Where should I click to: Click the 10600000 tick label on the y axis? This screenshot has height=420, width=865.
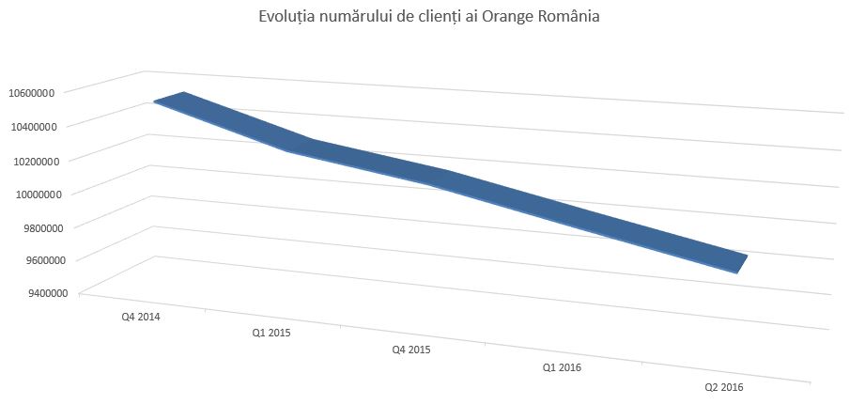pos(33,92)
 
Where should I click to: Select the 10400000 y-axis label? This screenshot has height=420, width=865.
pos(33,126)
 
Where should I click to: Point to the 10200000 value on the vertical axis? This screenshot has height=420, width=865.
pos(33,161)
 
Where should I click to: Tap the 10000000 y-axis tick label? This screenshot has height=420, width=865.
pos(33,194)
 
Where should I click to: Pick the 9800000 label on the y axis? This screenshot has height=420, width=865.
pos(36,227)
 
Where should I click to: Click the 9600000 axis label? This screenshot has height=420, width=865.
pos(36,260)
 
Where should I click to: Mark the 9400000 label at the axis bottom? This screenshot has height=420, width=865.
pos(36,293)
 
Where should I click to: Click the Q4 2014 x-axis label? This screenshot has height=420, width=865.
pos(141,318)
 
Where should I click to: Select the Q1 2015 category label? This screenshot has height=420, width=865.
pos(270,333)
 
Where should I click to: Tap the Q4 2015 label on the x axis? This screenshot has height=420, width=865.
pos(411,350)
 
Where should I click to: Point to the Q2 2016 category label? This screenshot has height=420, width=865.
pos(724,386)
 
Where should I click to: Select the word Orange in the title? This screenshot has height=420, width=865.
pos(505,17)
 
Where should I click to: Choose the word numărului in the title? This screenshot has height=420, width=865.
pos(353,17)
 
